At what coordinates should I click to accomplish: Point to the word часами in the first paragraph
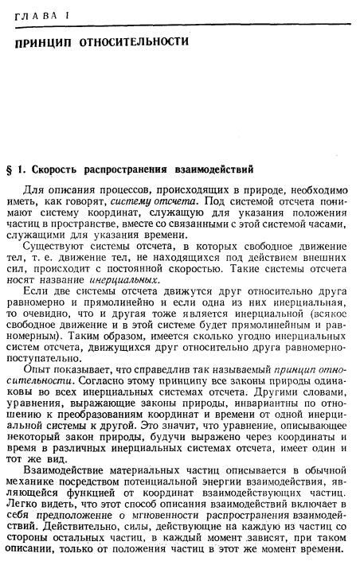pyautogui.click(x=330, y=224)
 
